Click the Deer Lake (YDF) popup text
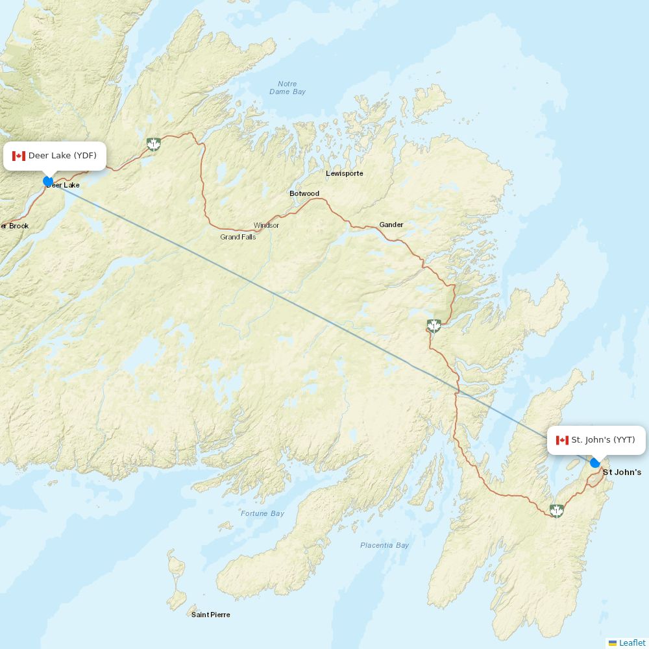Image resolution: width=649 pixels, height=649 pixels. pyautogui.click(x=62, y=156)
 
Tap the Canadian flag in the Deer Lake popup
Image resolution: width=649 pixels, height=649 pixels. pyautogui.click(x=18, y=156)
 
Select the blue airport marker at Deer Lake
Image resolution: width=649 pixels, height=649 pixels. pyautogui.click(x=48, y=181)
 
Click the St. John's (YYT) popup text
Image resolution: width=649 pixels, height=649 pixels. pyautogui.click(x=603, y=440)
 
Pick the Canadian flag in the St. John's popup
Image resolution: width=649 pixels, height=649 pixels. pyautogui.click(x=562, y=440)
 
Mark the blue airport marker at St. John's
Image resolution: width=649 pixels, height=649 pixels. pyautogui.click(x=594, y=463)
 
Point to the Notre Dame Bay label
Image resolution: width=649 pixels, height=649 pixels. pyautogui.click(x=288, y=88)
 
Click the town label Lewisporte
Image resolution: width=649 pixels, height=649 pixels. pyautogui.click(x=345, y=173)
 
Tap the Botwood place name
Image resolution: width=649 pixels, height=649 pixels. pyautogui.click(x=304, y=193)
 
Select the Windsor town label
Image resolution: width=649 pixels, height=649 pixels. pyautogui.click(x=266, y=225)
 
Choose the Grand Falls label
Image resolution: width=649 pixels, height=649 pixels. pyautogui.click(x=238, y=237)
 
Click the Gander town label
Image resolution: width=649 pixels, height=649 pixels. pyautogui.click(x=391, y=225)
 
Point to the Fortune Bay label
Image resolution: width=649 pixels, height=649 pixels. pyautogui.click(x=263, y=513)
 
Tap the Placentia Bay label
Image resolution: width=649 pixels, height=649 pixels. pyautogui.click(x=385, y=545)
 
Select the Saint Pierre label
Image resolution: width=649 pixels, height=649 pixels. pyautogui.click(x=210, y=615)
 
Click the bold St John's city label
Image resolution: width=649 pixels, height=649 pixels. pyautogui.click(x=622, y=472)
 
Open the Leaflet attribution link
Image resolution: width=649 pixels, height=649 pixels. pyautogui.click(x=631, y=643)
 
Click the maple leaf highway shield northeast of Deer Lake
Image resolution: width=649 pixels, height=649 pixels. pyautogui.click(x=154, y=143)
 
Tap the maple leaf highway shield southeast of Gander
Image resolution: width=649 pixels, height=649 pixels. pyautogui.click(x=434, y=325)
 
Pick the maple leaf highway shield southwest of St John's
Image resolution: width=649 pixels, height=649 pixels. pyautogui.click(x=556, y=510)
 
